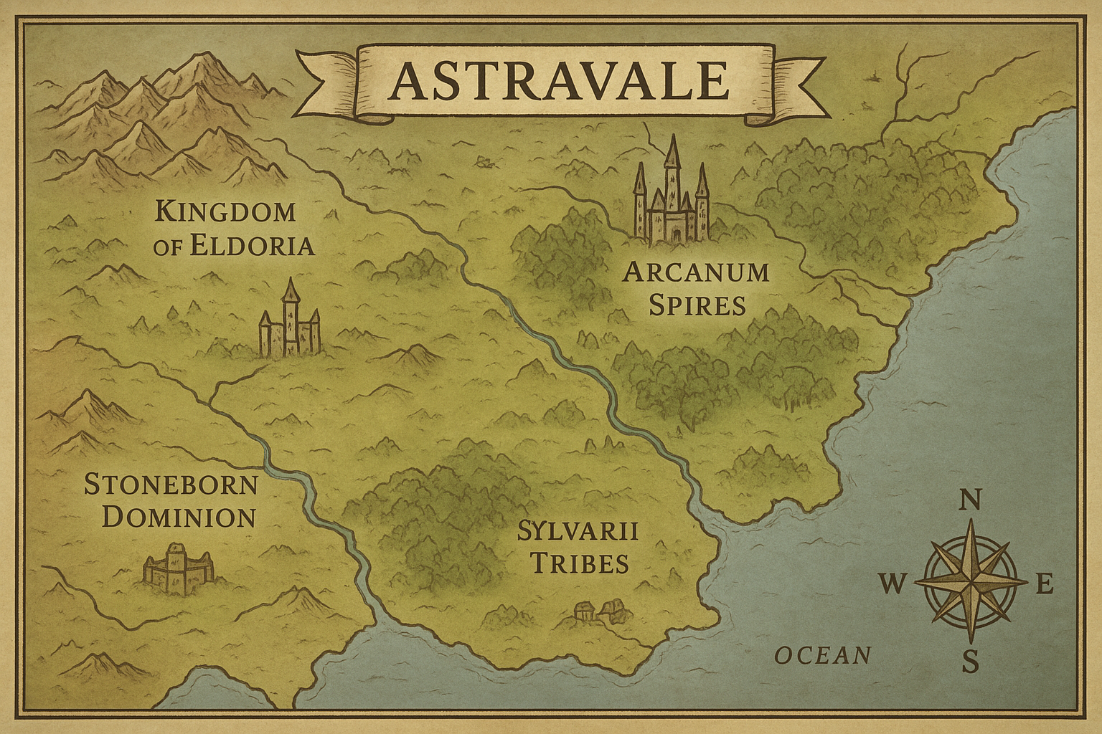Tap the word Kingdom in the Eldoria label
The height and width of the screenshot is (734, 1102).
(225, 211)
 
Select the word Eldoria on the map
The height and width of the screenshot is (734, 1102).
(252, 246)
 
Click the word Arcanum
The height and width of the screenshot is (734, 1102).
(695, 272)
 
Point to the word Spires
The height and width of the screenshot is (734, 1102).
(697, 305)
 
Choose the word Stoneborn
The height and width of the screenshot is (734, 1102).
(171, 485)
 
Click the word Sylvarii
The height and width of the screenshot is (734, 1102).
(578, 532)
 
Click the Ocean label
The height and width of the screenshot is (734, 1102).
(823, 654)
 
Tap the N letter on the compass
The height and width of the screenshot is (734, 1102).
(970, 500)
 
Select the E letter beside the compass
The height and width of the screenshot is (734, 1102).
(1044, 585)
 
